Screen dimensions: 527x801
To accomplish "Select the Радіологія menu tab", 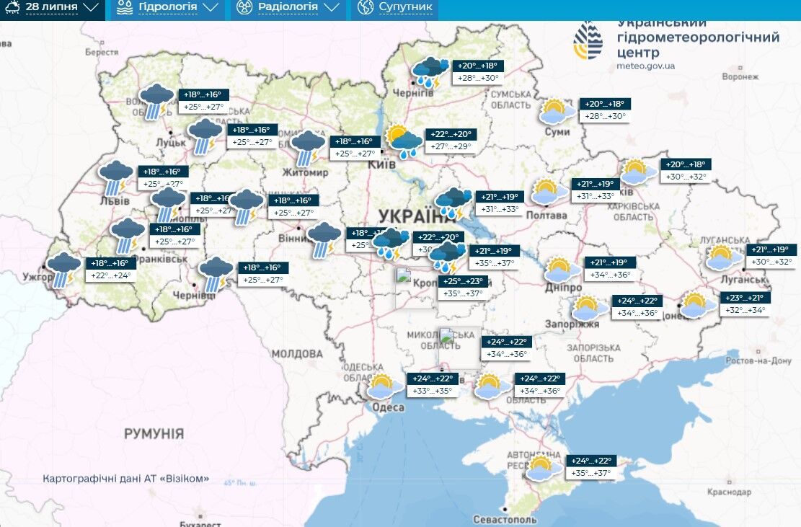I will [x=288, y=8].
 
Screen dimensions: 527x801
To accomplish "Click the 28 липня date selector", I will [x=52, y=8].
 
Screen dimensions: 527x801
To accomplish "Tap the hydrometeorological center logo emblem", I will [x=588, y=40].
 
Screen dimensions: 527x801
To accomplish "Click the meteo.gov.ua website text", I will [x=646, y=66].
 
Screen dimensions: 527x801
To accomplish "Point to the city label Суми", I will [x=557, y=132].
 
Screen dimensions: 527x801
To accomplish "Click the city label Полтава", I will [x=546, y=215].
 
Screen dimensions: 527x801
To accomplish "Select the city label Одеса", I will [x=388, y=407].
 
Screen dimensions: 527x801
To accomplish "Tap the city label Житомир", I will [x=308, y=173].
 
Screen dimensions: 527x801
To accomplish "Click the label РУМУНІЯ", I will [x=154, y=433].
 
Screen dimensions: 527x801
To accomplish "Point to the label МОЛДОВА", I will [x=297, y=354].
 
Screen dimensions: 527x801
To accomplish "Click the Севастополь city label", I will [x=505, y=519].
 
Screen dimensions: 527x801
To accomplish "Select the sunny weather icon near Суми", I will [x=557, y=112].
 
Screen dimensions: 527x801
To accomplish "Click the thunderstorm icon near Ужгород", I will [x=63, y=269].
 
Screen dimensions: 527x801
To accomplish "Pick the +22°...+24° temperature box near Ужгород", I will [x=110, y=275].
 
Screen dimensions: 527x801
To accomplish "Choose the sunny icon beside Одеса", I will [x=384, y=386].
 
